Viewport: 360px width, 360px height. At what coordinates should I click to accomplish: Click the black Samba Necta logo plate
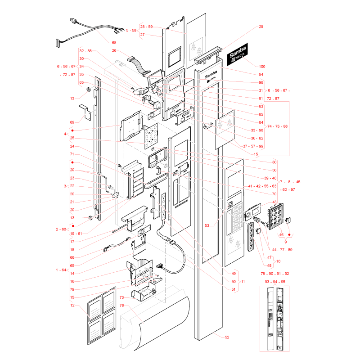238,54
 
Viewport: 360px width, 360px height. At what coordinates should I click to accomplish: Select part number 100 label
262,67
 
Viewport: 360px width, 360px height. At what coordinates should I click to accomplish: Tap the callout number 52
227,337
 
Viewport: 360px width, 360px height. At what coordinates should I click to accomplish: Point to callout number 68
114,43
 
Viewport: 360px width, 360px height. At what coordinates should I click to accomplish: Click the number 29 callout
261,27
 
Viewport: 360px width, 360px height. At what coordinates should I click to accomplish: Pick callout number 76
121,306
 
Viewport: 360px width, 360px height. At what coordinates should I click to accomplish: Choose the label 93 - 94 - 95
275,282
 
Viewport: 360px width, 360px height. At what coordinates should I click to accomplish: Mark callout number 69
72,122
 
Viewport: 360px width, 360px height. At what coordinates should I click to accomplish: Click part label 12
72,306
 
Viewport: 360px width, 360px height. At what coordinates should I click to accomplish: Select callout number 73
121,297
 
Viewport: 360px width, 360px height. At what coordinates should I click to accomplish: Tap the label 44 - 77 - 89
282,250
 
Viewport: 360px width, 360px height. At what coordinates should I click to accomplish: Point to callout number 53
207,226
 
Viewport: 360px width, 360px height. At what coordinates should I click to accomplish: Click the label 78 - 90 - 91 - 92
275,274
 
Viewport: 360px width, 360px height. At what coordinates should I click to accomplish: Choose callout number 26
114,50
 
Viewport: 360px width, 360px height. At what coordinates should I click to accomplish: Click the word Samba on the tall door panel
211,74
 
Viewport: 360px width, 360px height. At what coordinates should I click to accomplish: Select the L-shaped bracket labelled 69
85,112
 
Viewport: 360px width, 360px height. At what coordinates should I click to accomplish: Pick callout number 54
261,75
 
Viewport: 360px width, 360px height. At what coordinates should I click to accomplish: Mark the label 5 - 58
131,30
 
